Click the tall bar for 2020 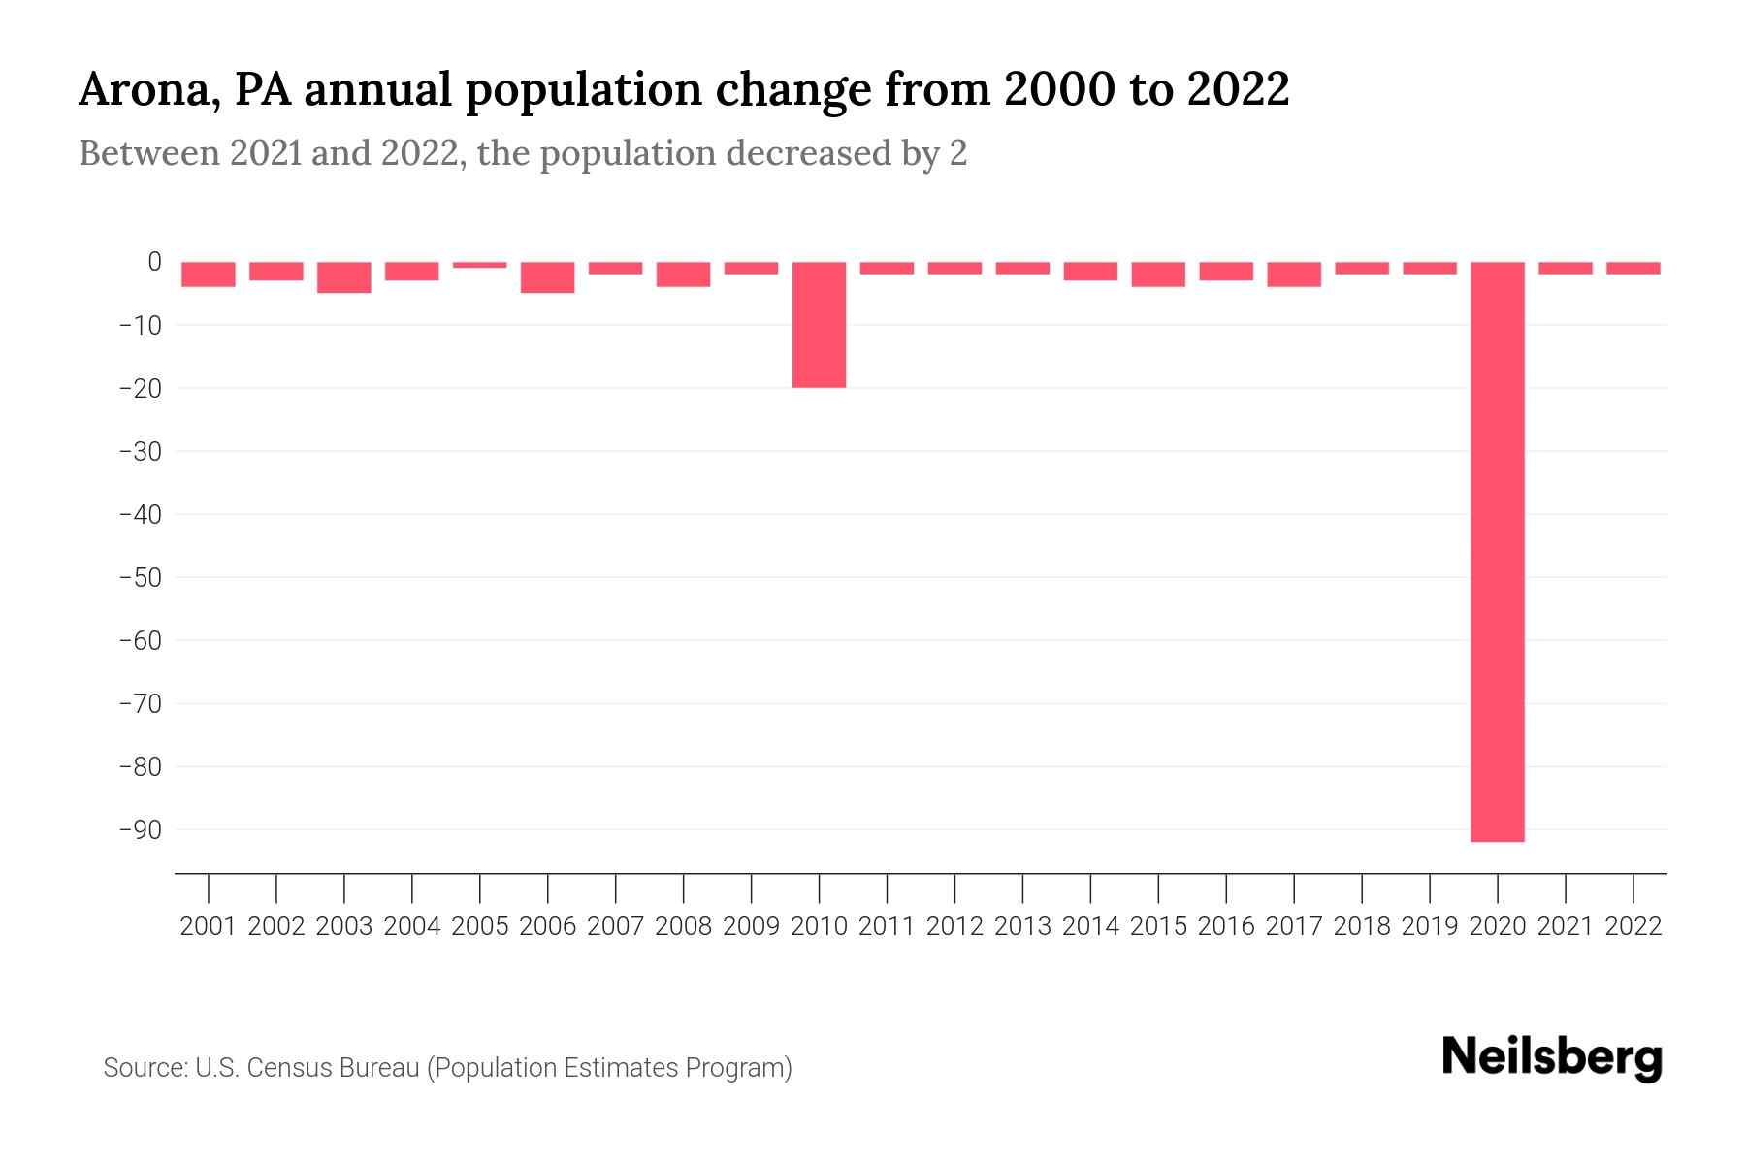tap(1498, 551)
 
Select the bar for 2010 tap(819, 325)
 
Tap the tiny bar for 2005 tap(479, 265)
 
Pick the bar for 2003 tap(343, 277)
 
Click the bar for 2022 tap(1633, 268)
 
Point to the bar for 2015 tap(1158, 275)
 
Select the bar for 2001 tap(208, 275)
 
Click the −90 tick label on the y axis tap(140, 830)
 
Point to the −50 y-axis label tap(140, 578)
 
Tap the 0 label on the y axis tap(154, 262)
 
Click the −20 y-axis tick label tap(140, 388)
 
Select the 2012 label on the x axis tap(954, 926)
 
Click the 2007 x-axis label tap(615, 926)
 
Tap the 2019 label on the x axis tap(1430, 926)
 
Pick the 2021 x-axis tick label tap(1566, 926)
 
